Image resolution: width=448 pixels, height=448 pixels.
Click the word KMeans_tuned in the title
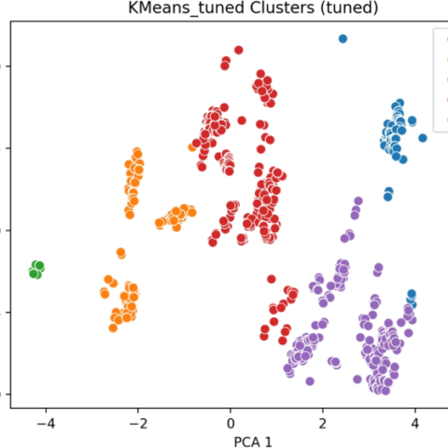coord(186,7)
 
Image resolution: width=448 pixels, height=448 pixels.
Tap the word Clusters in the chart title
coord(282,7)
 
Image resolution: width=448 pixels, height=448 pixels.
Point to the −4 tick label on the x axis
coord(46,424)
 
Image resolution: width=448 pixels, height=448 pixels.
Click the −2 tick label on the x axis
coord(138,424)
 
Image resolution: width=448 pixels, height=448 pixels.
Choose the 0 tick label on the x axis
coord(231,424)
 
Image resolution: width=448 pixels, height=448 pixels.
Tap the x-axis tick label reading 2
coord(323,424)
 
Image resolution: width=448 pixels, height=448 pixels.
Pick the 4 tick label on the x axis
coord(415,424)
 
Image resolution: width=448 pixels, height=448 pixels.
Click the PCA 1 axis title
coord(253,442)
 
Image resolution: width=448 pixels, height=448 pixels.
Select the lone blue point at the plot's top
coord(343,39)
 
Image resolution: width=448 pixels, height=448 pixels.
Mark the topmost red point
coord(239,50)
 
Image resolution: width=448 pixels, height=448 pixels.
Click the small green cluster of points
coord(36,270)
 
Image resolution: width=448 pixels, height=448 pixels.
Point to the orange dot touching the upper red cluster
coord(192,147)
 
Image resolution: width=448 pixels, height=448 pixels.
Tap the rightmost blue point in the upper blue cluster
coord(423,138)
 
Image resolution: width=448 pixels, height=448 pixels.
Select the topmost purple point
coord(358,201)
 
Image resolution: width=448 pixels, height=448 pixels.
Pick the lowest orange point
coord(113,328)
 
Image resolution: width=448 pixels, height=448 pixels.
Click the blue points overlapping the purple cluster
coord(412,298)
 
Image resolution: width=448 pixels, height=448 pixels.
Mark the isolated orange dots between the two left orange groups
coord(121,253)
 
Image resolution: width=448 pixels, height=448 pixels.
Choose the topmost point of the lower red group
coord(272,279)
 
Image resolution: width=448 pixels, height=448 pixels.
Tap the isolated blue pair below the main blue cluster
coord(388,194)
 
